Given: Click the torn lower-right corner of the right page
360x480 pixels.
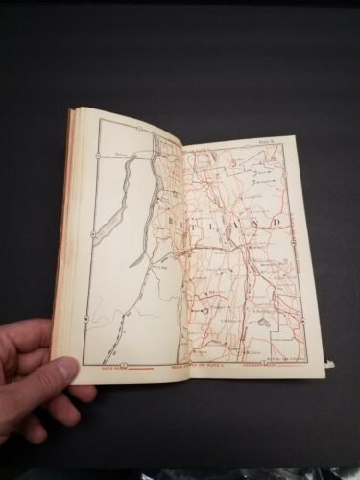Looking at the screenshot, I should coord(329,362).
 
